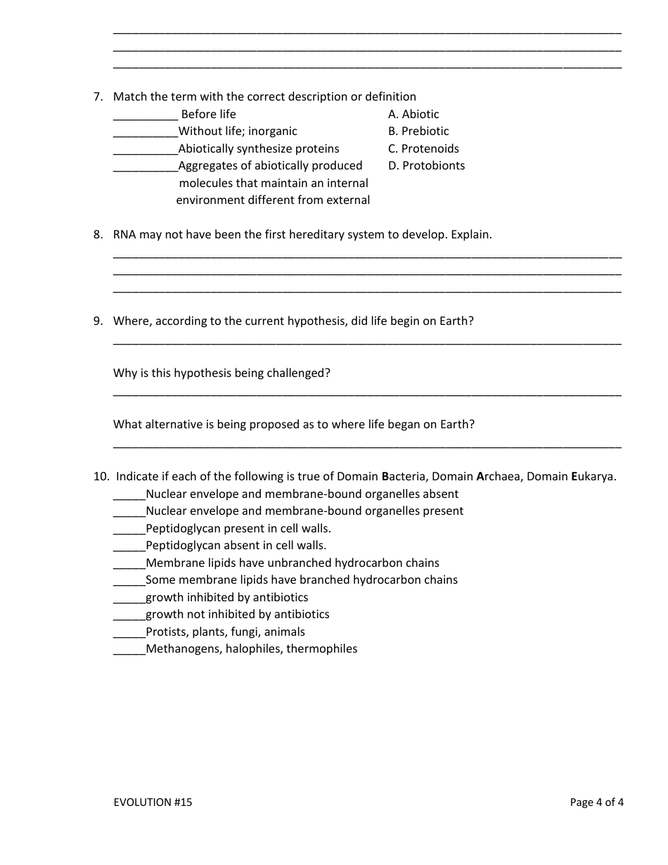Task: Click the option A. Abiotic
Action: pyautogui.click(x=413, y=114)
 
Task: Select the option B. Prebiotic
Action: pyautogui.click(x=418, y=132)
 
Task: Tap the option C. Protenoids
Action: pyautogui.click(x=423, y=148)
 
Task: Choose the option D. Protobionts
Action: pyautogui.click(x=426, y=166)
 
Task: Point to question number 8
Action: pyautogui.click(x=98, y=235)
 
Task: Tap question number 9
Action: pyautogui.click(x=98, y=321)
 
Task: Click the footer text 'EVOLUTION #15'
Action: pyautogui.click(x=153, y=802)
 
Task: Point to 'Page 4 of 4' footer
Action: pyautogui.click(x=597, y=802)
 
